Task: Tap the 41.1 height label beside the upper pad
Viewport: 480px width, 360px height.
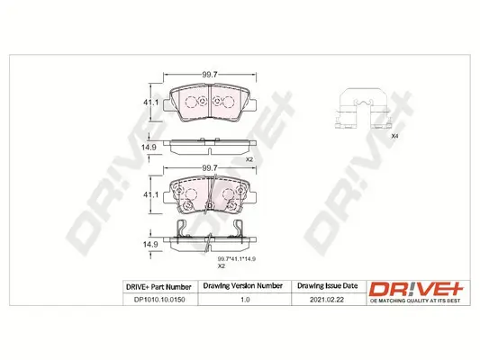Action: point(153,104)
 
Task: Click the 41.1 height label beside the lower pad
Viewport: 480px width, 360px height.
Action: point(153,194)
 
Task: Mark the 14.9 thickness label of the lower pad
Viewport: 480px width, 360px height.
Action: point(153,243)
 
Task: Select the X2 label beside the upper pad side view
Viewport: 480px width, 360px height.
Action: point(249,159)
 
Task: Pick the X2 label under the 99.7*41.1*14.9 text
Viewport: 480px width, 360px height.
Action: point(221,267)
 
